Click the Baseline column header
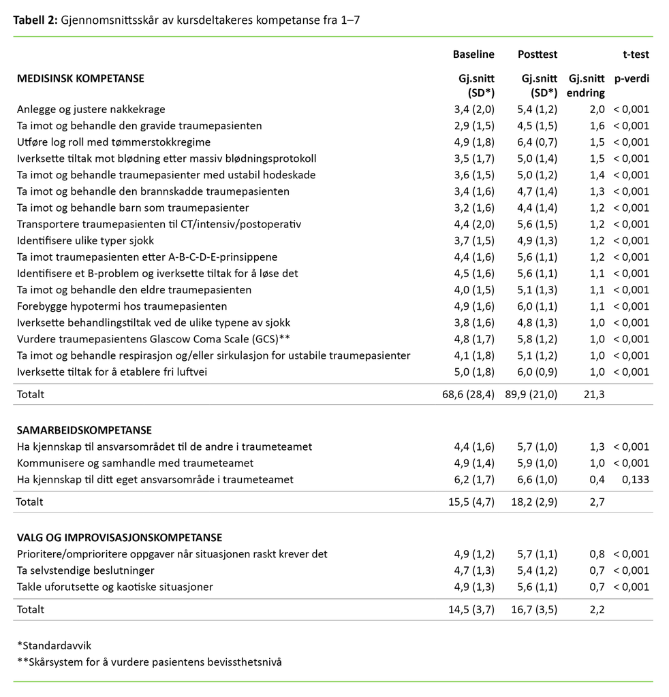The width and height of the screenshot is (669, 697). [473, 54]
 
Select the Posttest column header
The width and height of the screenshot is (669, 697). [538, 54]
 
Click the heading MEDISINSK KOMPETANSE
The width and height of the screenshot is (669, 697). [80, 78]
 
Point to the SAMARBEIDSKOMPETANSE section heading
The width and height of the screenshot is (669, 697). [84, 430]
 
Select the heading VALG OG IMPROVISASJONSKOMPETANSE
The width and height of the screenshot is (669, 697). [119, 537]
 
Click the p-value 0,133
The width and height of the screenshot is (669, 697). [636, 480]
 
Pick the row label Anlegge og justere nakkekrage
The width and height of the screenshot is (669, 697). [91, 110]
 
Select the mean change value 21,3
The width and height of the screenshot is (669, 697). [595, 394]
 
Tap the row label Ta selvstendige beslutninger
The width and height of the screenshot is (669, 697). [86, 570]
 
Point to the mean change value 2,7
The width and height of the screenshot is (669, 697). [597, 502]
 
